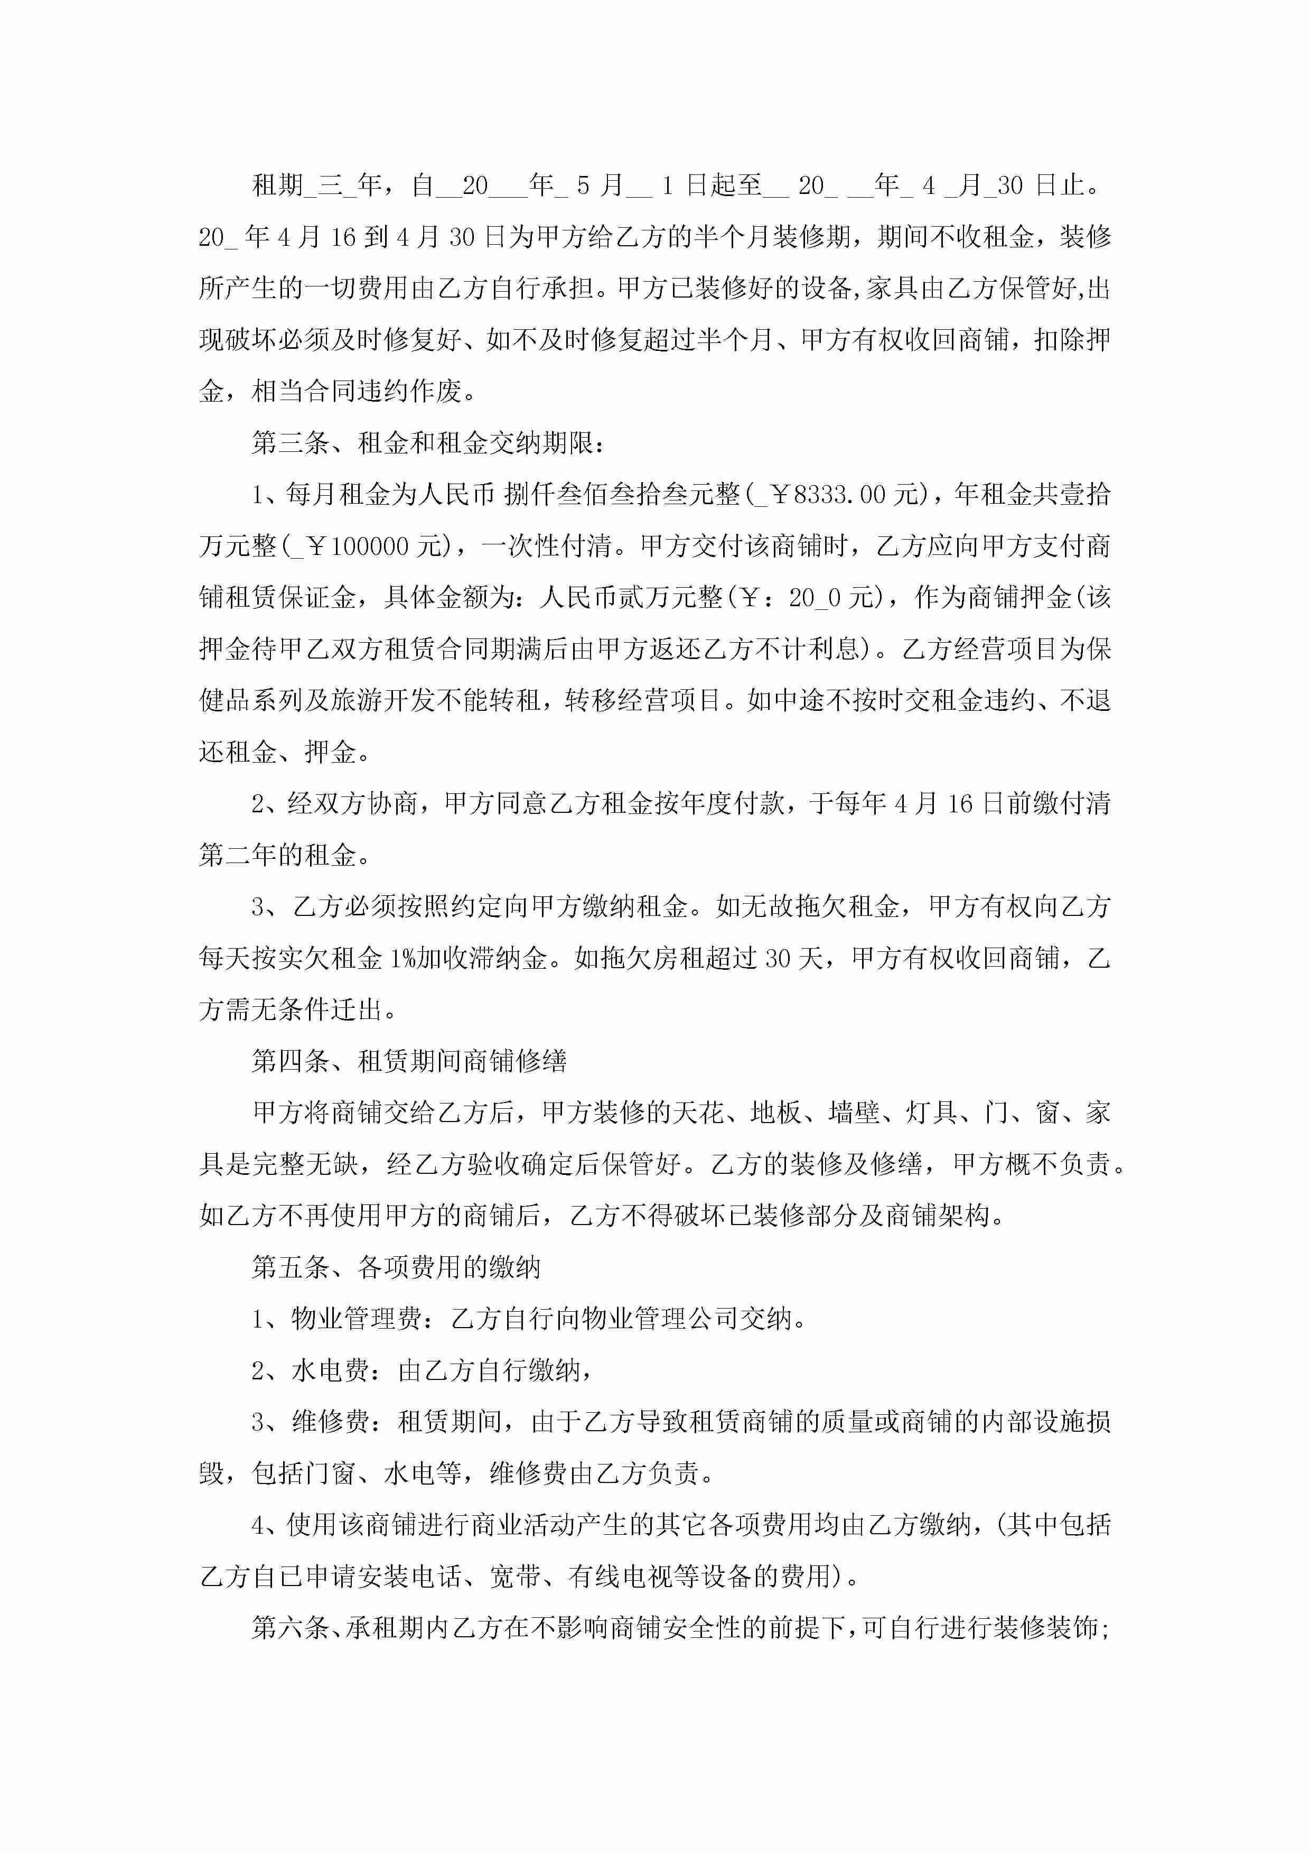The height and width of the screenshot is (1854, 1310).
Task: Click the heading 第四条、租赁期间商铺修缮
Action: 409,1060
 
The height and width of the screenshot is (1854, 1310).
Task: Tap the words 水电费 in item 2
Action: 330,1370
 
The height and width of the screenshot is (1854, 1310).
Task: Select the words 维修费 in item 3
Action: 330,1422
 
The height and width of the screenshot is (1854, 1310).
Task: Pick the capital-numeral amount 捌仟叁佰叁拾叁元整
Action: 622,494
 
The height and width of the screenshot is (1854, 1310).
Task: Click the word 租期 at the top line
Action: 278,186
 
